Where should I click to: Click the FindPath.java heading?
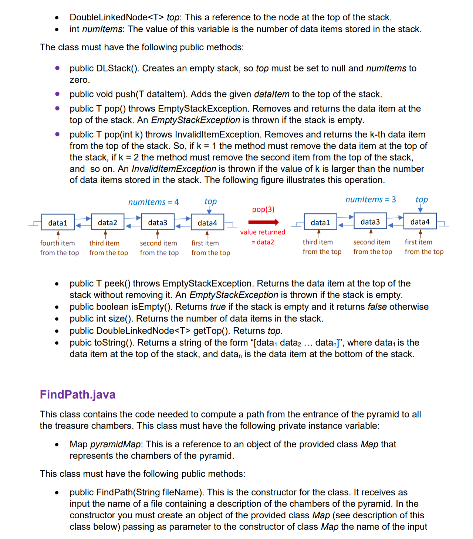(78, 395)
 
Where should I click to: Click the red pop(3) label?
(263, 209)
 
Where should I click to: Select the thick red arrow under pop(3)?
(263, 222)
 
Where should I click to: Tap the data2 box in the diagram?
(108, 222)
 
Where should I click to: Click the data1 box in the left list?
(58, 223)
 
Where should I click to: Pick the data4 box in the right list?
(420, 222)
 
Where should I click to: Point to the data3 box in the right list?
(370, 222)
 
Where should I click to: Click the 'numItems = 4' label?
(153, 202)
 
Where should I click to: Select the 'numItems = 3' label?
(371, 199)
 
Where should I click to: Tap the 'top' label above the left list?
(210, 201)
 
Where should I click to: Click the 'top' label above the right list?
(422, 199)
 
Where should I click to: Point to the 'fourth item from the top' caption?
(59, 248)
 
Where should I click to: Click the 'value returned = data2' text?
(263, 237)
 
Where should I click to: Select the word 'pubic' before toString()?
(81, 342)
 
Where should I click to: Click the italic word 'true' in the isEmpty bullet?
(218, 307)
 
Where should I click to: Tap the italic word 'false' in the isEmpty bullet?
(377, 307)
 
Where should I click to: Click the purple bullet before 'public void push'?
(57, 94)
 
